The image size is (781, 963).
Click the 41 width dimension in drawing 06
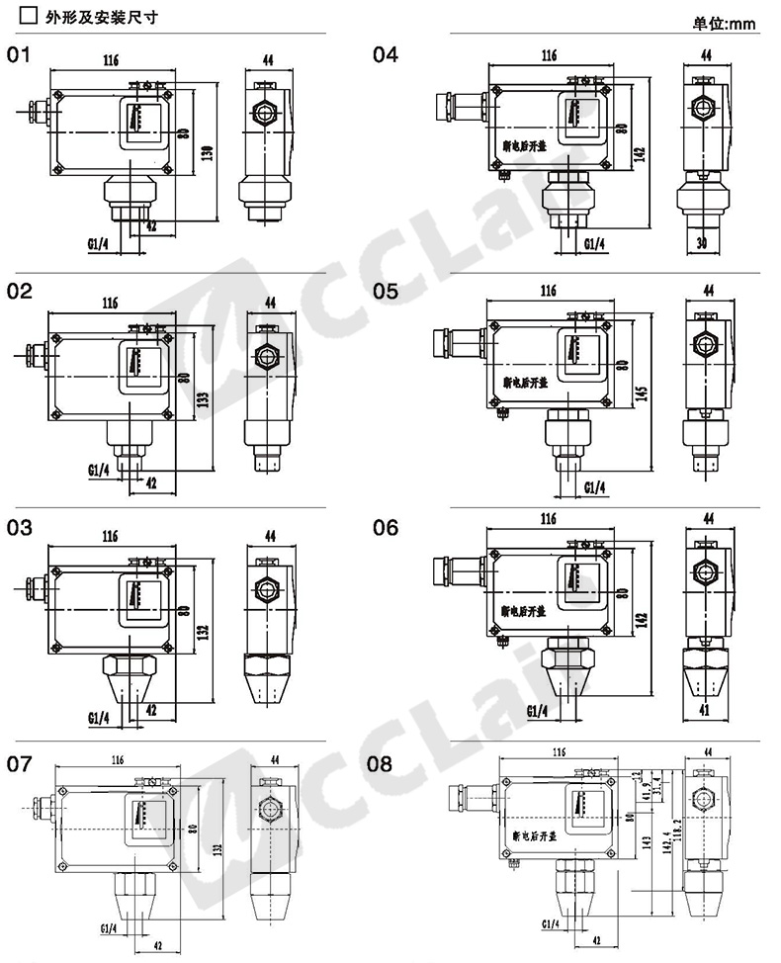coord(704,709)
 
